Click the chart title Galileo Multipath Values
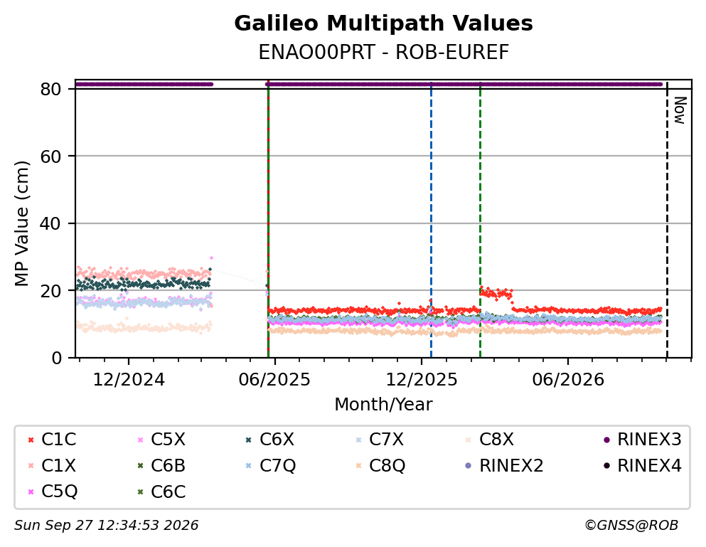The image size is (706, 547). point(383,23)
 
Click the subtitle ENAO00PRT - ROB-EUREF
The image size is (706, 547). point(383,52)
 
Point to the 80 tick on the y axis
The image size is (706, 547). point(50,89)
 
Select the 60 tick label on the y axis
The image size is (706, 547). point(50,156)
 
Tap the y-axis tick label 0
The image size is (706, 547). point(56,358)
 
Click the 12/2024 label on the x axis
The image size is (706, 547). point(129,380)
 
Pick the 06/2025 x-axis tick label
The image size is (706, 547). point(274,380)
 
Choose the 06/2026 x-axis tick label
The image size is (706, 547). point(568,380)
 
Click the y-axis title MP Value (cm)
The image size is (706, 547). point(21,223)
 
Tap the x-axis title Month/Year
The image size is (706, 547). point(383,404)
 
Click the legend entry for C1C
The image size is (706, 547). point(52,440)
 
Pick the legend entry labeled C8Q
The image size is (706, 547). point(380,465)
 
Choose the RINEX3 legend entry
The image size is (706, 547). point(643,440)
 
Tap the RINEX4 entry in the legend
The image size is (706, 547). point(643,465)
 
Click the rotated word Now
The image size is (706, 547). point(680,110)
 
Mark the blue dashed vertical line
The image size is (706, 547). point(431,220)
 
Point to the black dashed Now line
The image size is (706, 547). point(667,220)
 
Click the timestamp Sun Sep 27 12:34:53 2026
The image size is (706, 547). point(106,526)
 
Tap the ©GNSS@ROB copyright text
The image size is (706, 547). point(631,526)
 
